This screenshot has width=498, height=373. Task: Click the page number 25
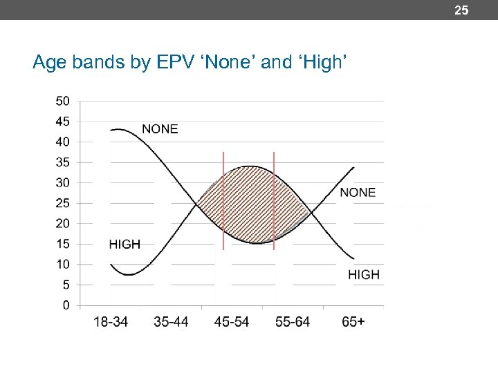coord(461,10)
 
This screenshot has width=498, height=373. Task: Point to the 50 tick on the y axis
coord(62,101)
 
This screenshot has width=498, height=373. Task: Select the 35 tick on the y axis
coord(62,162)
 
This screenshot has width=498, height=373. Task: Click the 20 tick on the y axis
coord(62,223)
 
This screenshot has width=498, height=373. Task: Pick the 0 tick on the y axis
coord(66,305)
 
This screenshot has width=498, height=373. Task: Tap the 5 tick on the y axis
coord(66,285)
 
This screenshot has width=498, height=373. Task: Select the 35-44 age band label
coord(172,322)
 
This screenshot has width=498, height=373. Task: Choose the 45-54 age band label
coord(232,322)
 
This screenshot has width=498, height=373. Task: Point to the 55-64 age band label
coord(293,322)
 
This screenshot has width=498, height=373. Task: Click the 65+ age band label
coord(353,322)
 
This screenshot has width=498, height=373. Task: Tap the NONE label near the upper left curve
coord(160,129)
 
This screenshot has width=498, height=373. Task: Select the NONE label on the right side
coord(358,192)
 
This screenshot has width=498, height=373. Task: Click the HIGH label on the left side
coord(124,244)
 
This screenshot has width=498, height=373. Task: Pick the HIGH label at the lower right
coord(364,274)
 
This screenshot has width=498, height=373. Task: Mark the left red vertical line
coord(223,200)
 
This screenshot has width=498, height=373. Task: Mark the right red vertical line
coord(274,200)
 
